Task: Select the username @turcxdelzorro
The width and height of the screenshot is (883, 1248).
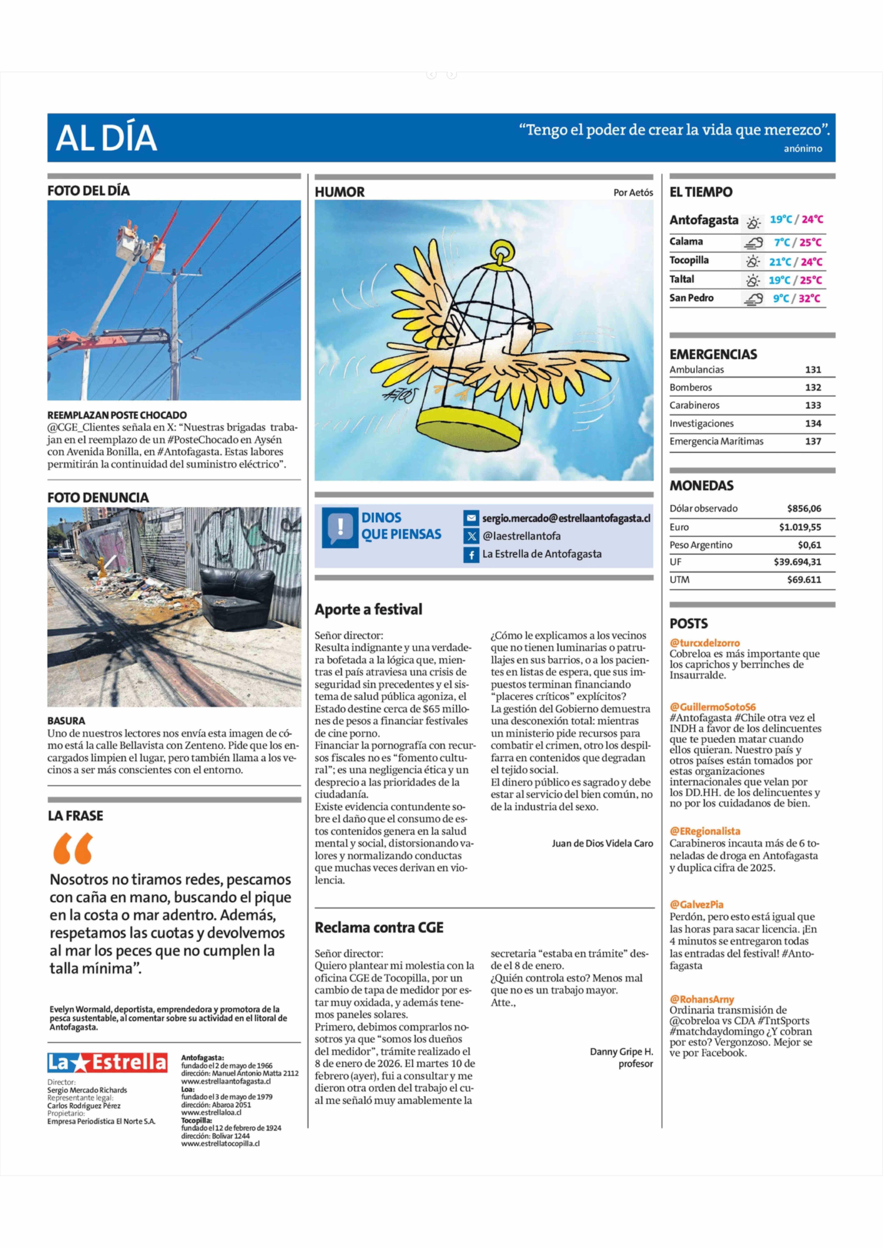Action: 705,643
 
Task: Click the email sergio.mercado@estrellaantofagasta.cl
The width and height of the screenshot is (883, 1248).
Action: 566,518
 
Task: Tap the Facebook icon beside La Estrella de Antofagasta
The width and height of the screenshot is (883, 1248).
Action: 471,554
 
